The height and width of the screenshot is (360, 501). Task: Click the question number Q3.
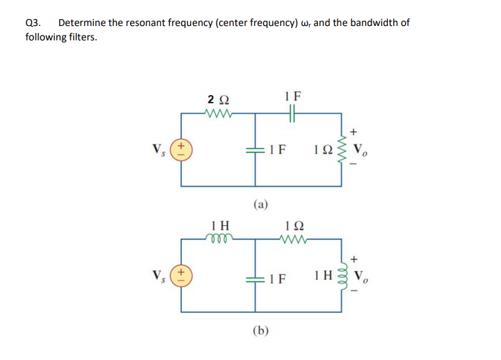[32, 23]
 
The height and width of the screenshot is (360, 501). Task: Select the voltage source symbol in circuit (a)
[181, 149]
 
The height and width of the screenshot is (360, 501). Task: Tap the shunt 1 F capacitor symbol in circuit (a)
[256, 149]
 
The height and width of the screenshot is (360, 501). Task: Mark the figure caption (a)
[260, 203]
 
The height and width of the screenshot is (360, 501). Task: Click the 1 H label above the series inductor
[221, 224]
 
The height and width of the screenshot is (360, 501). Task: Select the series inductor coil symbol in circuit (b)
[221, 238]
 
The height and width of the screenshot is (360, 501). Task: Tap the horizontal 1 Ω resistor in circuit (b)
[295, 239]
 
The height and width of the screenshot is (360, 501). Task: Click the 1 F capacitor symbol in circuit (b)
[256, 279]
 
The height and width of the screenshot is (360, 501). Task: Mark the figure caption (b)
[260, 331]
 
